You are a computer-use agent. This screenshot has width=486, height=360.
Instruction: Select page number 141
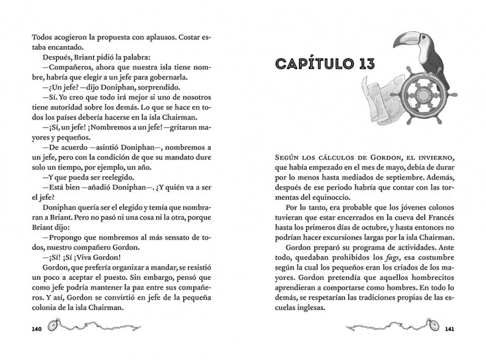click(x=450, y=330)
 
